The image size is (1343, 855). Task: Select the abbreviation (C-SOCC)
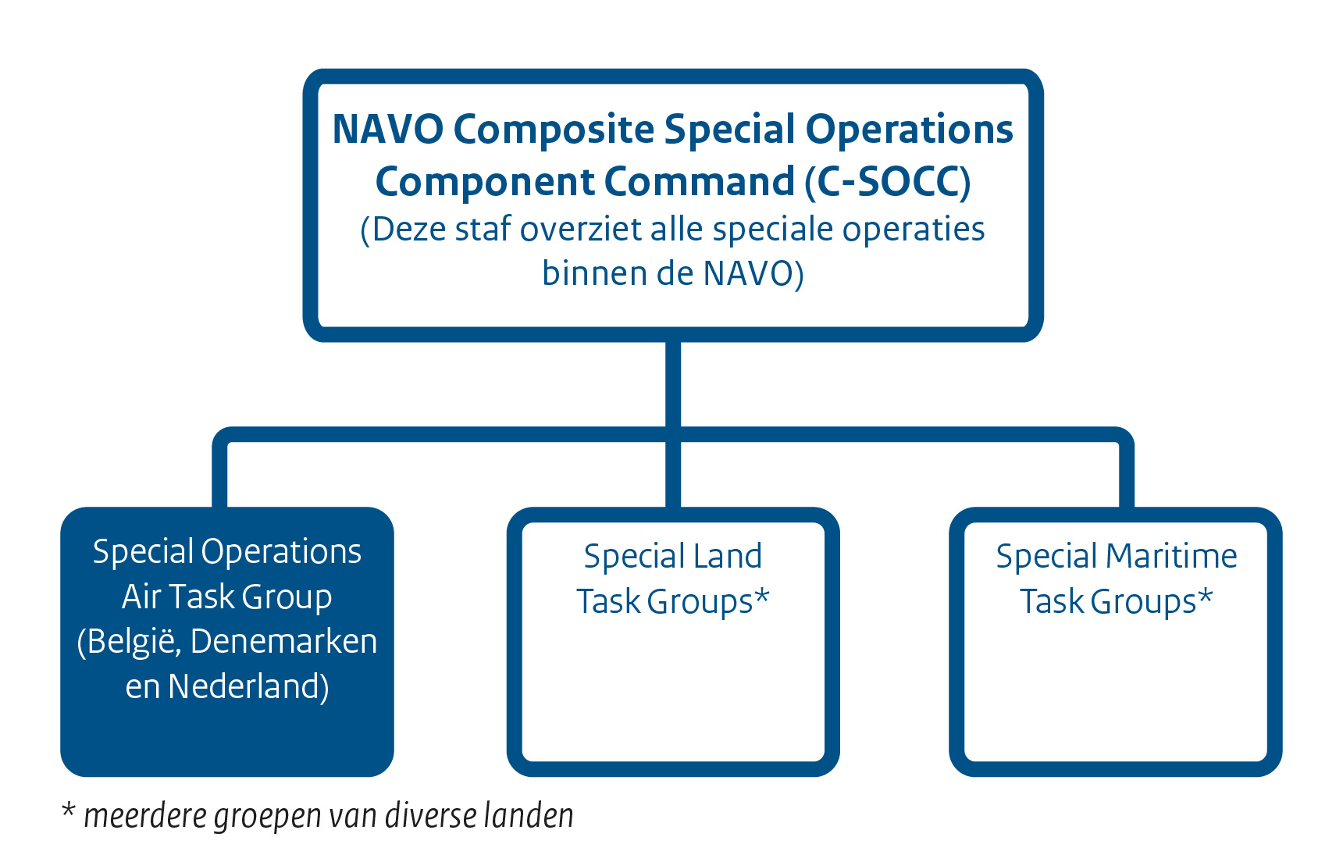tap(888, 182)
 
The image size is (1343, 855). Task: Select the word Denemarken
tap(283, 642)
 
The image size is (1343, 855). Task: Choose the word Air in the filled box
tap(141, 597)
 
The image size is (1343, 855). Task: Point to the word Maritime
tap(1171, 557)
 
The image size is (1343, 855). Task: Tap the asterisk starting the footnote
tap(69, 812)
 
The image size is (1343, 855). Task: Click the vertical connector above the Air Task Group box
tap(219, 476)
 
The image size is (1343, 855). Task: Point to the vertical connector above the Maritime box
tap(1126, 476)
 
